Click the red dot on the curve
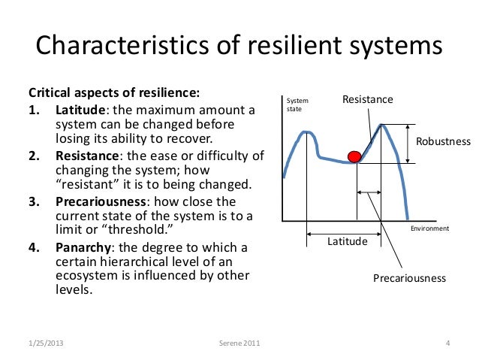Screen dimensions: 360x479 coord(354,156)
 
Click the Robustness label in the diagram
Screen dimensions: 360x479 coord(443,141)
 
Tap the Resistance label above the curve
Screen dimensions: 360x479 coord(367,99)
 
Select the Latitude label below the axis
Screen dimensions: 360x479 coord(347,241)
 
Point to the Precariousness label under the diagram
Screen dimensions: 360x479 coord(409,278)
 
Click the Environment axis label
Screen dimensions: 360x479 coord(429,228)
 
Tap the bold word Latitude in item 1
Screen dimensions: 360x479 coord(79,111)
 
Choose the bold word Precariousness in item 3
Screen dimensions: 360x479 coord(101,201)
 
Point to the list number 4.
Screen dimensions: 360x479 coord(35,247)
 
